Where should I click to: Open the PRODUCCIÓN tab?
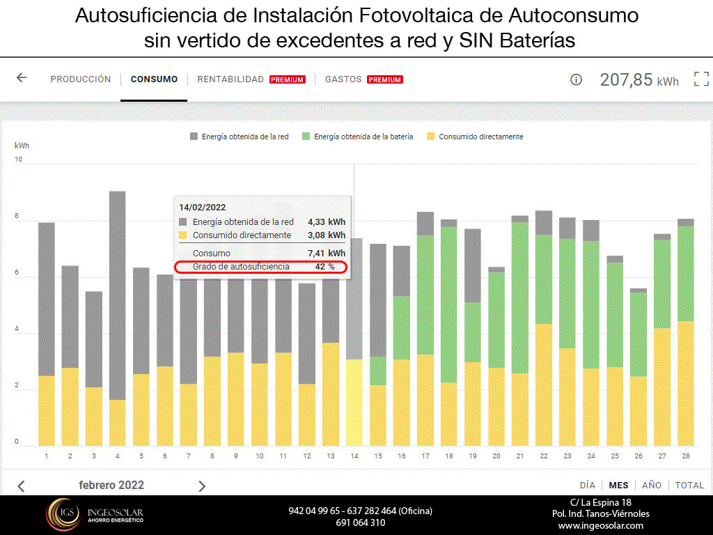point(80,79)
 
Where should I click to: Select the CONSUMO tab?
point(154,79)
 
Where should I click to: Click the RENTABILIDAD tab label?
point(230,79)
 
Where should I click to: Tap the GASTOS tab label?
point(343,79)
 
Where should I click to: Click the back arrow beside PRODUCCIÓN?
point(22,78)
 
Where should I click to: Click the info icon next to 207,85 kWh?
point(576,79)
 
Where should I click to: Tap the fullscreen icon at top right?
point(700,79)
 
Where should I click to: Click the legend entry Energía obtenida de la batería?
point(363,137)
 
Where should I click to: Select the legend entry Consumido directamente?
point(480,137)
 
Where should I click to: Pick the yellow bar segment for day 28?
point(686,383)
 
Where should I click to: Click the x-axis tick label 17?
point(425,456)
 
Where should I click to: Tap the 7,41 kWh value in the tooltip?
point(327,253)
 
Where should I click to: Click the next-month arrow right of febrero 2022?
point(202,486)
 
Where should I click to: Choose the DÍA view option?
point(587,486)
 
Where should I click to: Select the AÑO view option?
point(652,486)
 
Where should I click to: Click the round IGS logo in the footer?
point(63,515)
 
